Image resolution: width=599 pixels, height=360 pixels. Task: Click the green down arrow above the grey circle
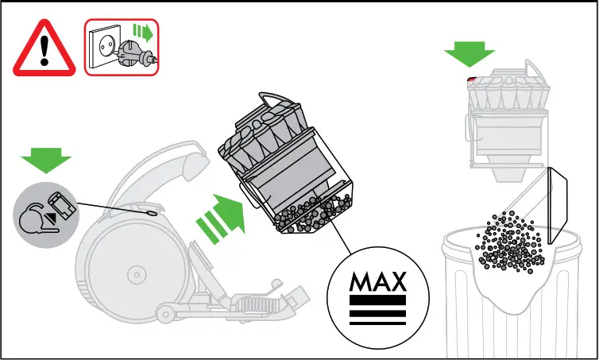coord(46,160)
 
